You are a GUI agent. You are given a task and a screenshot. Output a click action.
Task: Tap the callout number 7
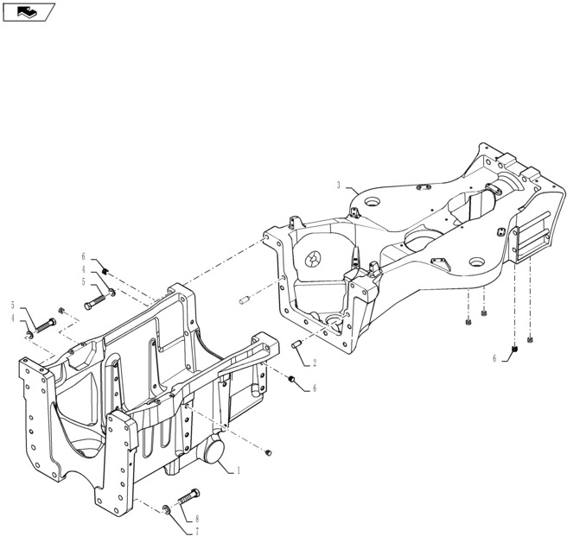click(196, 529)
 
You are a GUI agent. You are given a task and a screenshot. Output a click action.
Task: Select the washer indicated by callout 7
click(166, 508)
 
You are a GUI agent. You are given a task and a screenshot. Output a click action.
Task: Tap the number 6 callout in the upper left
click(84, 256)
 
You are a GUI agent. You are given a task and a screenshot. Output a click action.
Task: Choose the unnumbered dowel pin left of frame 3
click(244, 300)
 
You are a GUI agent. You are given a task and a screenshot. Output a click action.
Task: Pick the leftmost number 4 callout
click(14, 318)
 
